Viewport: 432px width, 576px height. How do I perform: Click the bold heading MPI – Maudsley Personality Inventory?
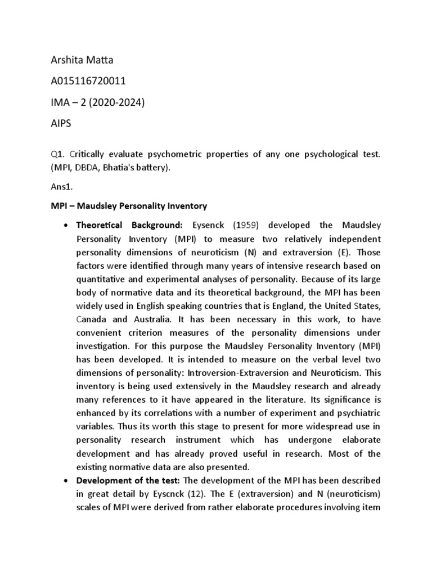[x=126, y=206]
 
